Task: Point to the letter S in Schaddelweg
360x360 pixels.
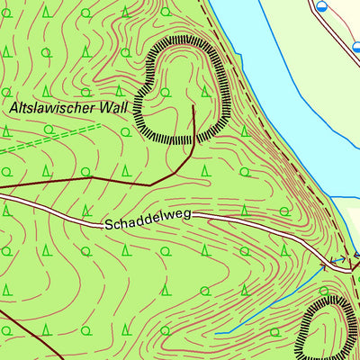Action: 107,221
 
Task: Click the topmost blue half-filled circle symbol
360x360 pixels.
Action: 321,5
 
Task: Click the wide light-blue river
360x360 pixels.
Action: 270,54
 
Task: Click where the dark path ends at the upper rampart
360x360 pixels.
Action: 193,105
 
